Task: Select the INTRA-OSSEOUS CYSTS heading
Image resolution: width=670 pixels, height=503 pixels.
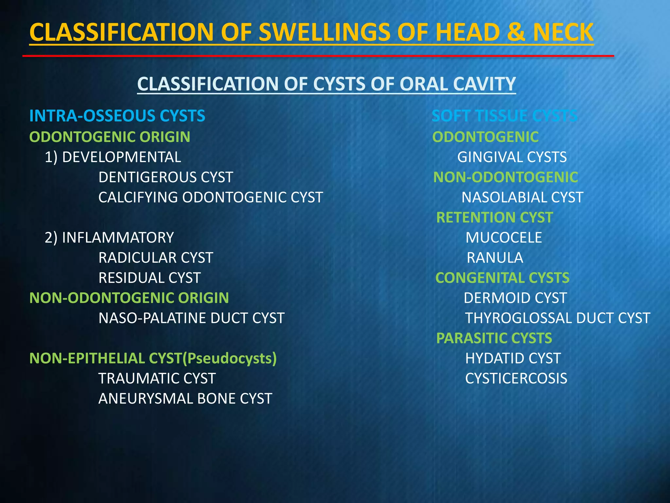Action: point(117,116)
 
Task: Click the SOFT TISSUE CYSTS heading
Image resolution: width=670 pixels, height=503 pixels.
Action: point(504,116)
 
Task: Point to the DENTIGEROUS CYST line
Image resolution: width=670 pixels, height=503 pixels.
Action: point(166,177)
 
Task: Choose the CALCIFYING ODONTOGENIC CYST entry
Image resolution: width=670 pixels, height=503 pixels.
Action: point(210,197)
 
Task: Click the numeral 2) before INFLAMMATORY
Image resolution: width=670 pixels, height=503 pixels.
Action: point(51,238)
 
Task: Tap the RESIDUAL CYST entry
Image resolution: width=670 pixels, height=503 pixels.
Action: point(150,278)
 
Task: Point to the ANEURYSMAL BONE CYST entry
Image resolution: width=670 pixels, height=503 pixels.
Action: point(185,399)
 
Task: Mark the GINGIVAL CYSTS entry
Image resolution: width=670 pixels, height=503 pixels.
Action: point(512,157)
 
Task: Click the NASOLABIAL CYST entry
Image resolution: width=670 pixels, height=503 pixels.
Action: point(522,197)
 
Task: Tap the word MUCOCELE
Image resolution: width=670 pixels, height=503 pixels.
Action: point(503,238)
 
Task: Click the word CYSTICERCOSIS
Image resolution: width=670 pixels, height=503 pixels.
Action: point(516,379)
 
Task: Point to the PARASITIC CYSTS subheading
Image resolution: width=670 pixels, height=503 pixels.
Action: point(494,338)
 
